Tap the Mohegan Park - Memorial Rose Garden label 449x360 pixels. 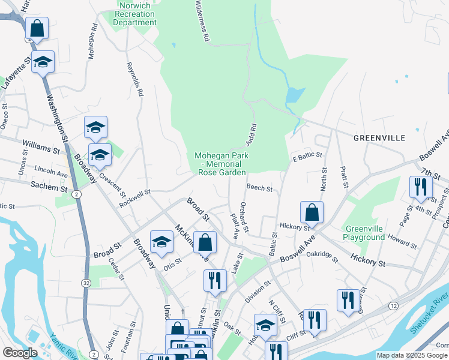tap(221, 164)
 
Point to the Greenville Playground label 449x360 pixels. tap(364, 233)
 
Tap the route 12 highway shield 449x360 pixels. tap(393, 306)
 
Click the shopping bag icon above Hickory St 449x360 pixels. tap(312, 212)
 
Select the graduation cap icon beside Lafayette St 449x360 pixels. tap(43, 61)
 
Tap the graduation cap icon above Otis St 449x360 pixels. tap(161, 241)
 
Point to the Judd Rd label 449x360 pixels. tap(251, 134)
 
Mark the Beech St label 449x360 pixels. tap(259, 188)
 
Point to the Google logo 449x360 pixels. tap(20, 353)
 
